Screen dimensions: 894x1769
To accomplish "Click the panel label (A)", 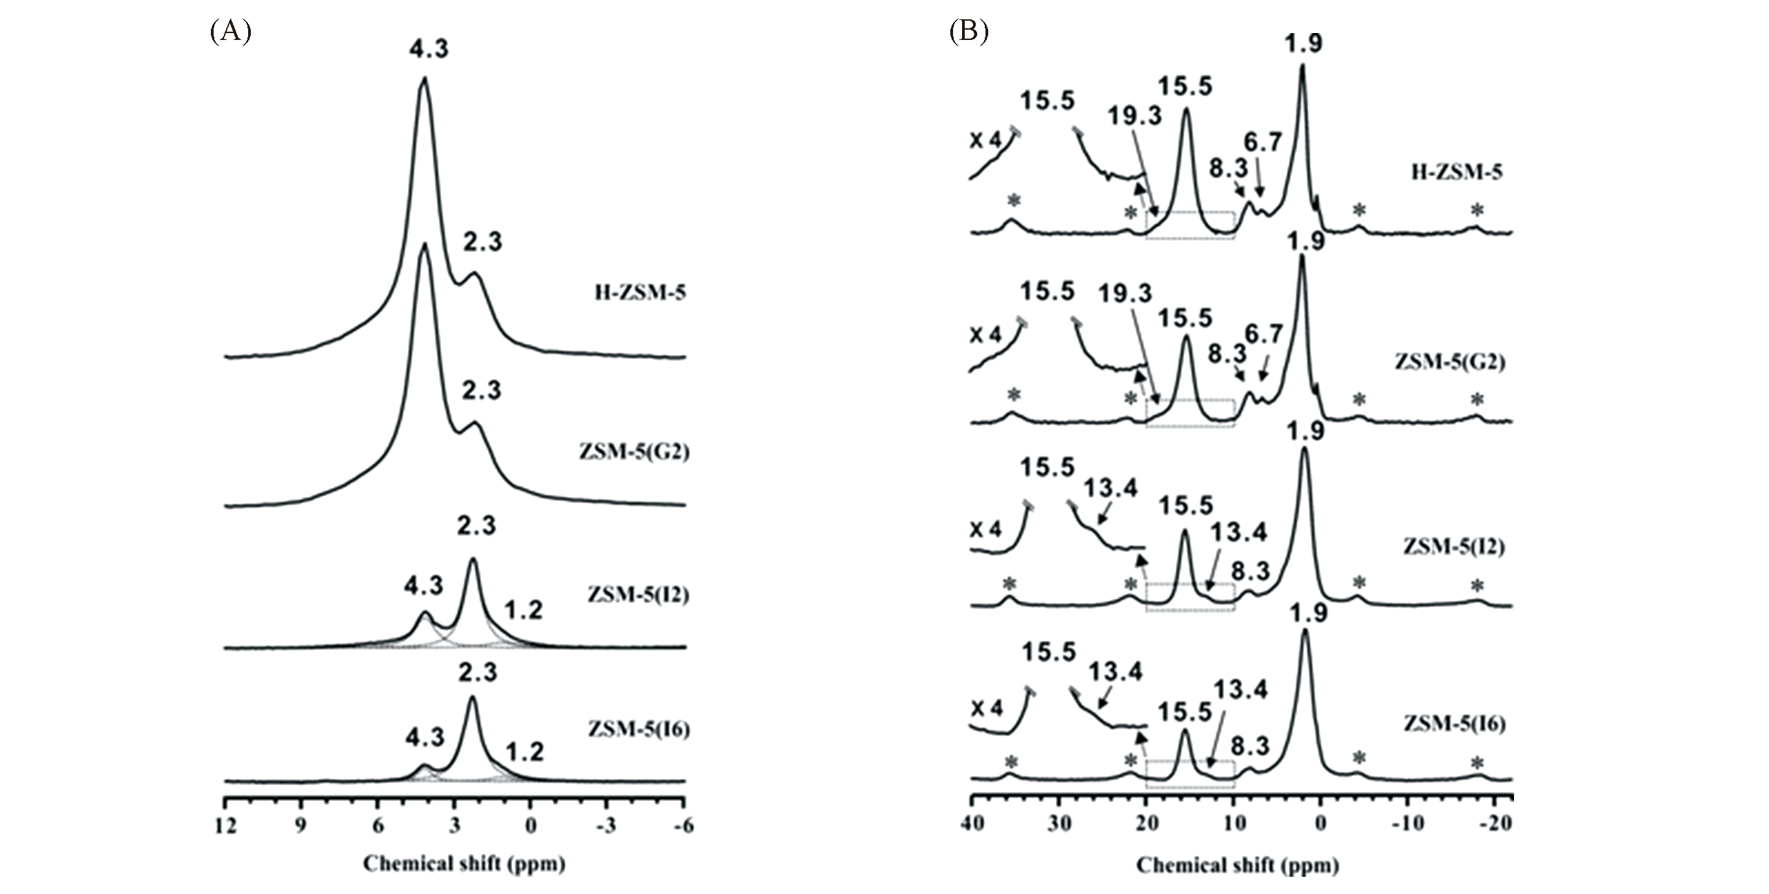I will click(230, 32).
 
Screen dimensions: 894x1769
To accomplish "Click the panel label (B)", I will click(968, 32).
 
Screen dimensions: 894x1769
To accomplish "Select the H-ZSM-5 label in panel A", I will click(640, 293).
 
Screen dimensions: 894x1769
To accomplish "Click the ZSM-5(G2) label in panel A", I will click(635, 452).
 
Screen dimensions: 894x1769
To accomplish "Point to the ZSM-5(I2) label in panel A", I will click(638, 595).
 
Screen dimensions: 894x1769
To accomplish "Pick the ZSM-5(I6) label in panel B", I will click(1454, 724).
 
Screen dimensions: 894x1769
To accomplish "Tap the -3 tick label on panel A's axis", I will click(606, 826).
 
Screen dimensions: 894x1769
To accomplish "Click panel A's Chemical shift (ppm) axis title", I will click(464, 864).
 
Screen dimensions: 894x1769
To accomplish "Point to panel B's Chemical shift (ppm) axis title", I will click(1238, 865).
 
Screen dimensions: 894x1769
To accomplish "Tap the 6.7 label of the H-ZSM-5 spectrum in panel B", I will click(1262, 143).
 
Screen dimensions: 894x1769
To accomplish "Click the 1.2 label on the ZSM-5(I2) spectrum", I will click(523, 610).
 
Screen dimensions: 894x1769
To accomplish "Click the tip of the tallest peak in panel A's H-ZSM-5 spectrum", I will click(425, 78).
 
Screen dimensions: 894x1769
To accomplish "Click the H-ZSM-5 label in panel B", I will click(1457, 172).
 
